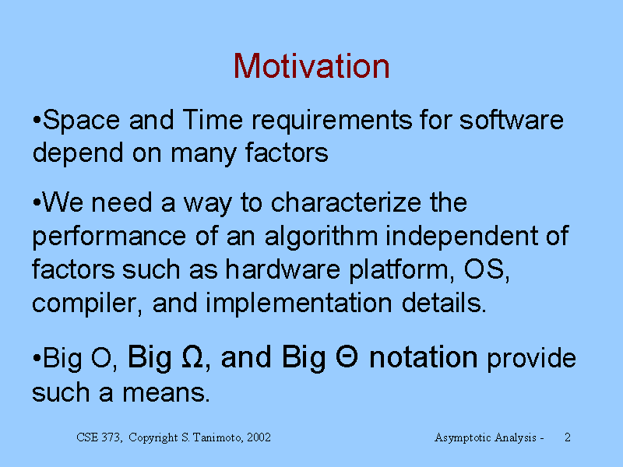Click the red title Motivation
click(311, 66)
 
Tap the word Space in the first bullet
click(81, 120)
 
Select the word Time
click(213, 120)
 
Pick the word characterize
click(346, 202)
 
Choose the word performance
click(109, 237)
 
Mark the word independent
click(461, 237)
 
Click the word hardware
click(283, 269)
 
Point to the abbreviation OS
click(486, 270)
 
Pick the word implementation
click(299, 304)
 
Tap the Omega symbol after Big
click(192, 356)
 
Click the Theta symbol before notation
click(347, 356)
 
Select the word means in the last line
click(166, 393)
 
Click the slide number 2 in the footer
click(568, 437)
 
